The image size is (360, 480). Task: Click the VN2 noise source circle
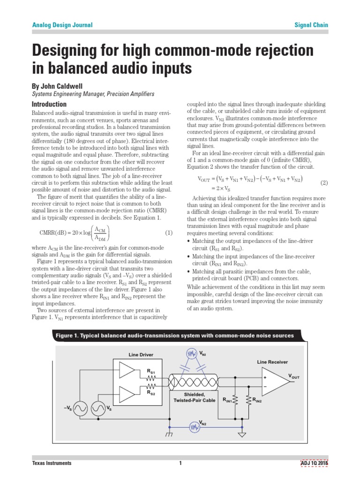pos(194,427)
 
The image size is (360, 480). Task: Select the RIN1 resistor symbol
pos(235,400)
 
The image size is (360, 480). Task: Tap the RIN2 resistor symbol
pos(247,400)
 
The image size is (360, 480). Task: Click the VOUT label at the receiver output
pos(294,376)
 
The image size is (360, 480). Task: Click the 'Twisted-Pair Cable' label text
pos(195,400)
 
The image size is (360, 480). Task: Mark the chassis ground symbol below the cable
pos(169,435)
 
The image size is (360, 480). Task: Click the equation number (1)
pos(169,232)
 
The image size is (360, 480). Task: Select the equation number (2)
pos(323,182)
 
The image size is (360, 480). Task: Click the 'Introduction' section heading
pos(49,104)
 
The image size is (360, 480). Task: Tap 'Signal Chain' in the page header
pos(311,25)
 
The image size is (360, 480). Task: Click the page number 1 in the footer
pos(180,463)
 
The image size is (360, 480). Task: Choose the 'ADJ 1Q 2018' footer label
pos(314,463)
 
